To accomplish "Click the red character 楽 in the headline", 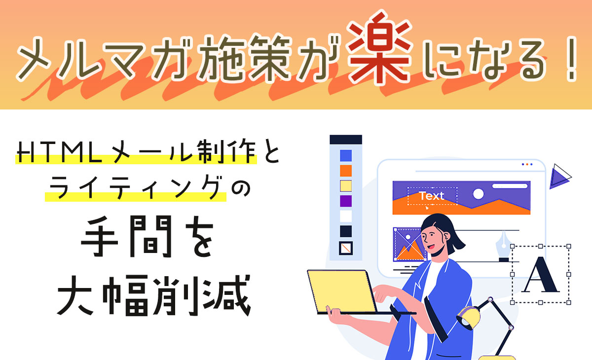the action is coord(379,47).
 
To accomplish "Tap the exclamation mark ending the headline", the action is coord(572,59).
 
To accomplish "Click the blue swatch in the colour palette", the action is coord(346,155).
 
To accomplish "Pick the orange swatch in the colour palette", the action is coord(346,171).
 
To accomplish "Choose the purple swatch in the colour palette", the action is coord(346,201).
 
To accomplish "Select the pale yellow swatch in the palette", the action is coord(346,186).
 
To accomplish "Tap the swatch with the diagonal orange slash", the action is coord(346,248).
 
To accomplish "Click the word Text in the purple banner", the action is coord(431,196).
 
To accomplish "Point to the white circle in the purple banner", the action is coord(478,194).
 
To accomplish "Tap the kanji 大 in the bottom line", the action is coord(75,296).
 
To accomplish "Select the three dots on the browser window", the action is coord(527,164).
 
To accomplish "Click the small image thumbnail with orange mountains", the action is coord(409,244).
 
